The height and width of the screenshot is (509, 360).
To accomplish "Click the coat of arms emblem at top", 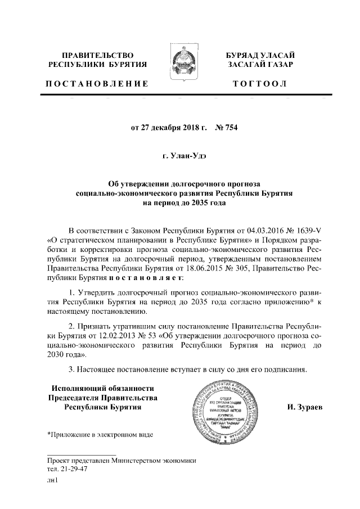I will [x=180, y=66].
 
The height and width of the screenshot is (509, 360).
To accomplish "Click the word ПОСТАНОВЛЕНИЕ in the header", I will [x=97, y=84].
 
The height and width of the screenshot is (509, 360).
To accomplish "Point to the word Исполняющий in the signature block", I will [x=80, y=388].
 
